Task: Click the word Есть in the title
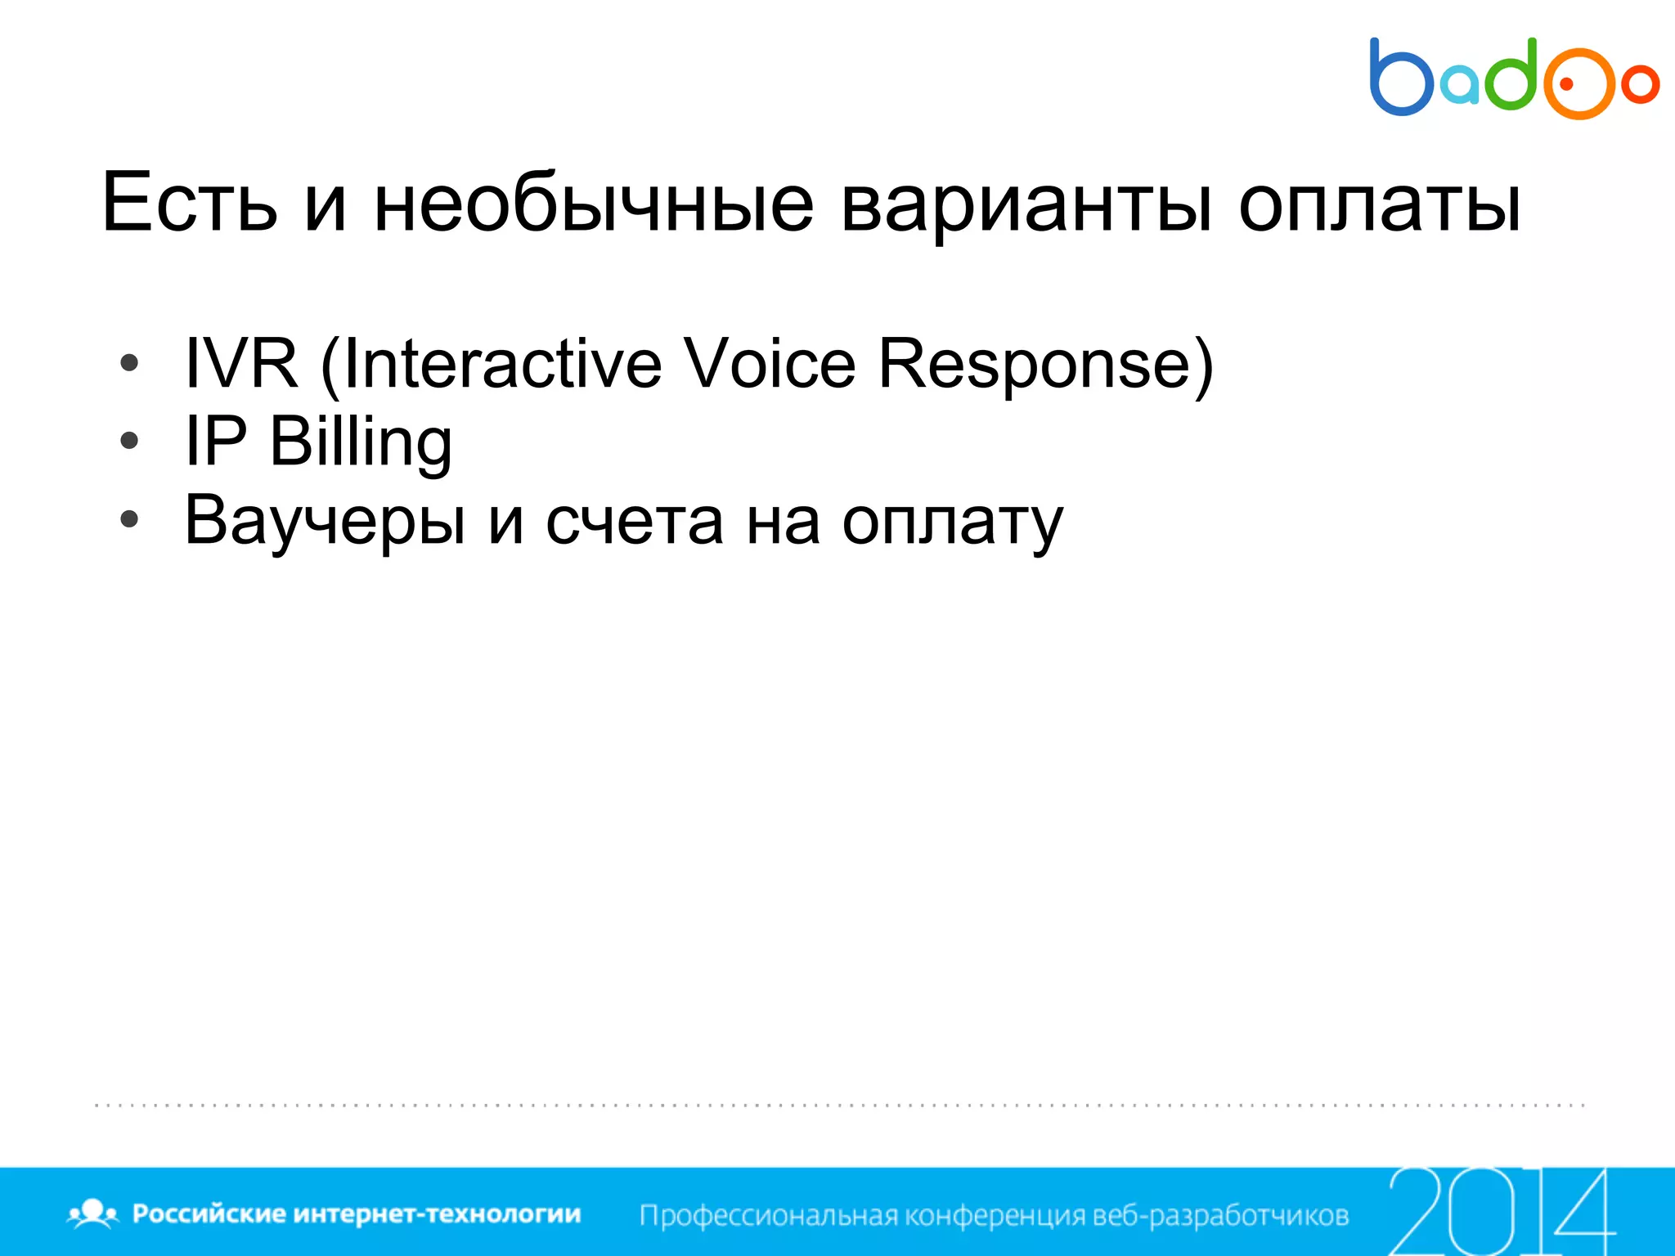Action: (x=190, y=203)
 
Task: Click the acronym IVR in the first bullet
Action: (x=241, y=363)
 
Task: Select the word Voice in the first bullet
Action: (x=770, y=363)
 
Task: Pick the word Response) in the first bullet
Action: (x=1046, y=363)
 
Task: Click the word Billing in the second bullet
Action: (x=361, y=442)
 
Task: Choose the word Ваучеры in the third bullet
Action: (x=326, y=521)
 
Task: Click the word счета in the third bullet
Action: (x=635, y=521)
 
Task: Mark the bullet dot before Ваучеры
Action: (x=129, y=519)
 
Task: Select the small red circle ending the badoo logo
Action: (x=1640, y=83)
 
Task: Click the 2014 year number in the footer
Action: (x=1501, y=1211)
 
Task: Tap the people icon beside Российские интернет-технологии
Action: (x=93, y=1213)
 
